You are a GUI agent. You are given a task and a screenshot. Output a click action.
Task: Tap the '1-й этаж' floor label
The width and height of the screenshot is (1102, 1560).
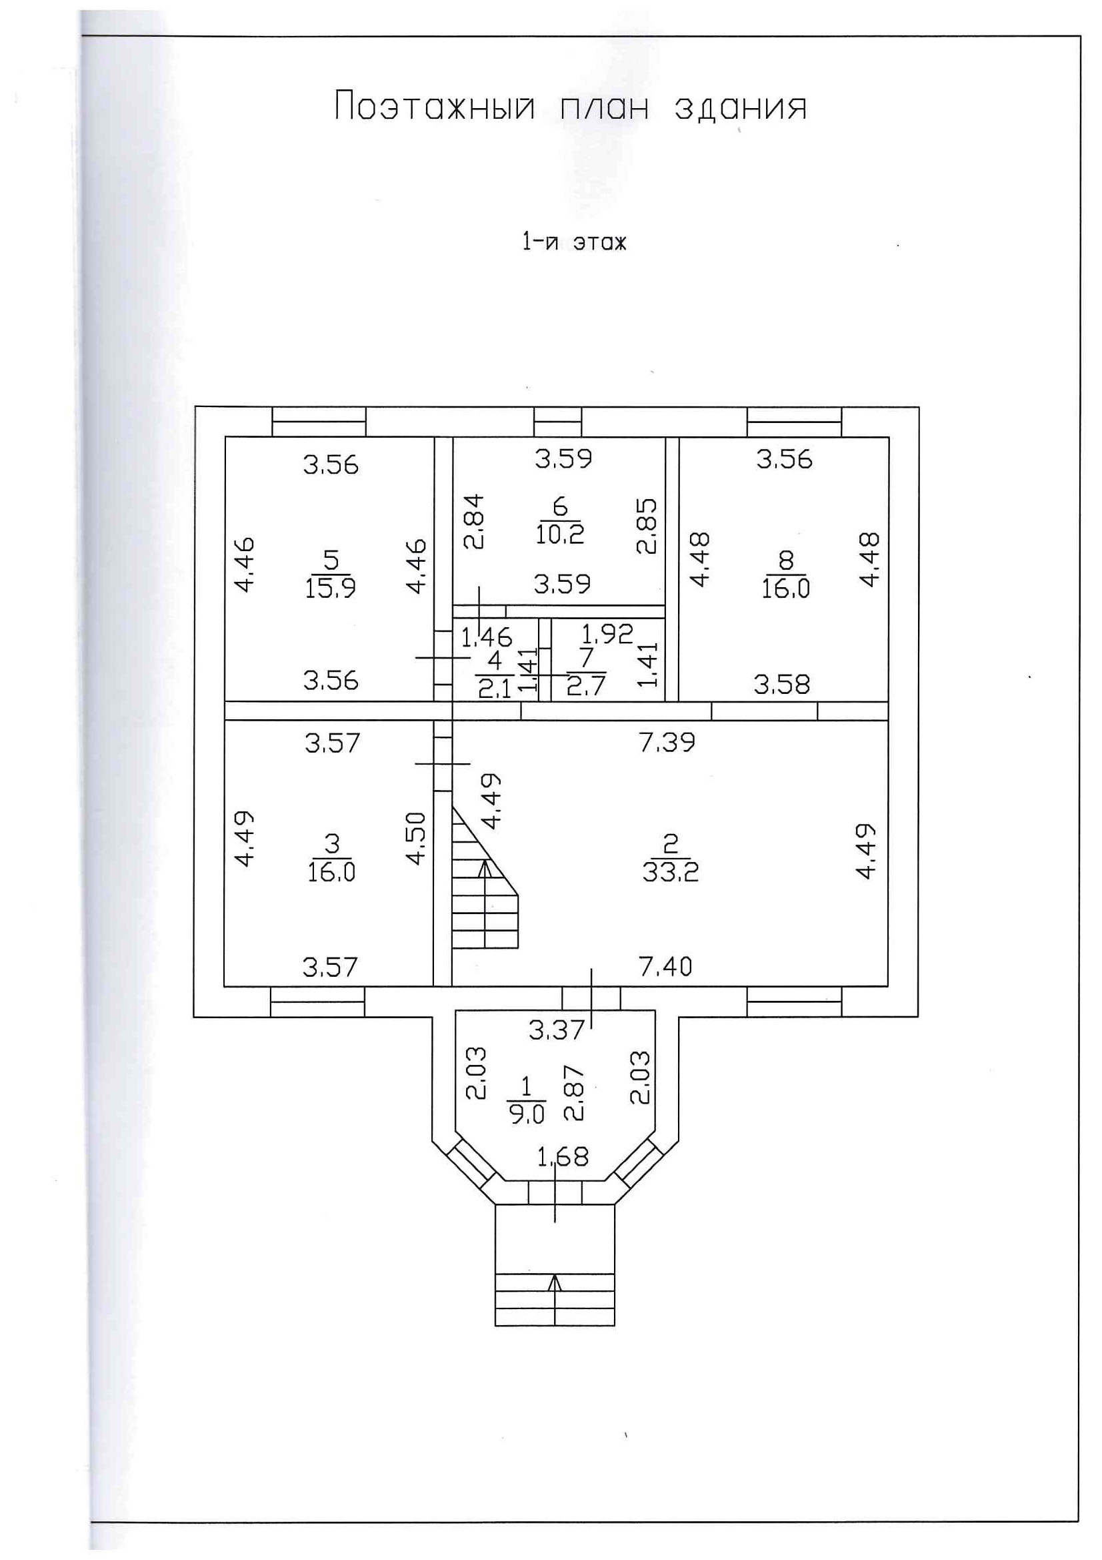coord(574,242)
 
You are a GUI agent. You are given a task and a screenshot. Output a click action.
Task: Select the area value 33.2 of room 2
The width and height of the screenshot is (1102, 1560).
coord(670,871)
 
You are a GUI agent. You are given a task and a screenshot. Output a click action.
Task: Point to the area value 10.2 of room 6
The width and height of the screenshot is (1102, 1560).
coord(559,534)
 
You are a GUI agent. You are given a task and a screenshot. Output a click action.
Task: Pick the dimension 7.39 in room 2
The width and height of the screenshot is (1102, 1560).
coord(667,742)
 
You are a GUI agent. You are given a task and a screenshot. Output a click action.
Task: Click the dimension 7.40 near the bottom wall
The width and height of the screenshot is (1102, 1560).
coord(665,966)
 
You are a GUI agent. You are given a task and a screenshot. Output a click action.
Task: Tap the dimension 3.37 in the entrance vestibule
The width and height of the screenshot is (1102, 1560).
coord(556,1031)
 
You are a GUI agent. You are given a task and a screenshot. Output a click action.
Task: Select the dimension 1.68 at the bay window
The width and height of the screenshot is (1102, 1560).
coord(562,1156)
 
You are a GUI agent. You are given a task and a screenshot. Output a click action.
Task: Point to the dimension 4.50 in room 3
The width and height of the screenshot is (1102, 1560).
coord(415,838)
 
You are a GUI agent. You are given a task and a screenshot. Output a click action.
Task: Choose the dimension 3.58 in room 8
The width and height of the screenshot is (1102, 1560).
coord(781,684)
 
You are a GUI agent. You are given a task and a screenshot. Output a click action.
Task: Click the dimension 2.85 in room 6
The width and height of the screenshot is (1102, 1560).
coord(647,526)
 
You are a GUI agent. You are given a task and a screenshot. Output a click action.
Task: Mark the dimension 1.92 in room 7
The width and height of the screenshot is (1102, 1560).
coord(607,634)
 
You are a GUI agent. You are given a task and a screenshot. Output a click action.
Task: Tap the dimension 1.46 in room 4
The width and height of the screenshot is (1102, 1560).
coord(486,637)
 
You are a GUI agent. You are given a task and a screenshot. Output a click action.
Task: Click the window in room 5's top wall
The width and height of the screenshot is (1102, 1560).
coord(319,422)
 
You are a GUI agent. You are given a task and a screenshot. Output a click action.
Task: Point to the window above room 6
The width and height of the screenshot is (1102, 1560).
coord(557,422)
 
